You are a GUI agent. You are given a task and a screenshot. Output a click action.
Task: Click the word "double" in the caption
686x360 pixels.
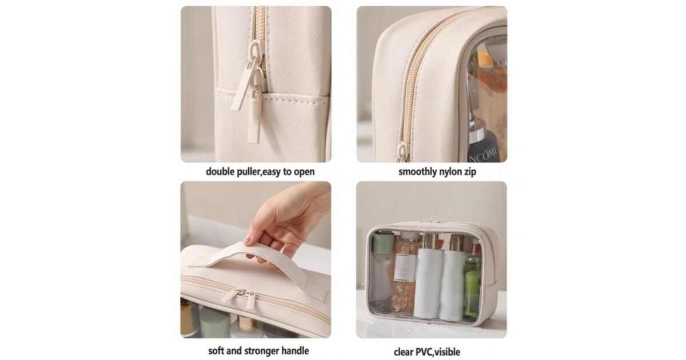pyautogui.click(x=220, y=172)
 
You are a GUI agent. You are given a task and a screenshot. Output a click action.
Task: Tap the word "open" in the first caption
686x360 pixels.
pyautogui.click(x=304, y=172)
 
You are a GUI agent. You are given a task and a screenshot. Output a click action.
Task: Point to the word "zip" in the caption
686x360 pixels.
pyautogui.click(x=469, y=172)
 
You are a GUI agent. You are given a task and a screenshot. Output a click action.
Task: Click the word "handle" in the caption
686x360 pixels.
pyautogui.click(x=295, y=350)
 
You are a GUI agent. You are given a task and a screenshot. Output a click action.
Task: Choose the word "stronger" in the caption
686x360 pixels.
pyautogui.click(x=261, y=351)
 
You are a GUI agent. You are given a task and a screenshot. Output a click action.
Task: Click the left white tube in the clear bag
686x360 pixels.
pyautogui.click(x=428, y=283)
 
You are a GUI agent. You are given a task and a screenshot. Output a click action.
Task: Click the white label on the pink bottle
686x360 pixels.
pyautogui.click(x=405, y=267)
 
